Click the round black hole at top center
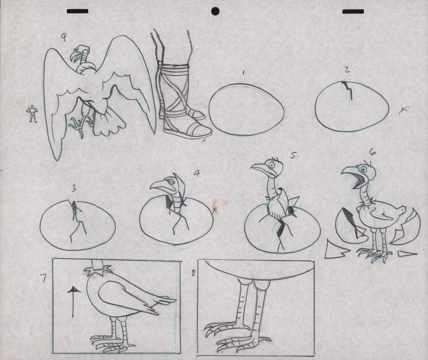pyautogui.click(x=216, y=11)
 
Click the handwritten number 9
pyautogui.click(x=64, y=36)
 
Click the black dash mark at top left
pyautogui.click(x=77, y=11)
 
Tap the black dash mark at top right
pyautogui.click(x=353, y=11)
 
